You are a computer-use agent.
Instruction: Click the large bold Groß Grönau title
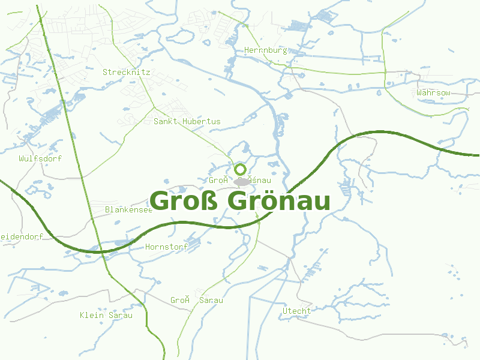point(240,202)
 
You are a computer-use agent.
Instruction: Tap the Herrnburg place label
point(266,51)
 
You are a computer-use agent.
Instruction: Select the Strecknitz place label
point(126,72)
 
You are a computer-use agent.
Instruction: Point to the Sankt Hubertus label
point(187,121)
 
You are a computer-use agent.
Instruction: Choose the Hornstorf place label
point(166,247)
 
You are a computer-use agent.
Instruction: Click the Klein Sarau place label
point(106,315)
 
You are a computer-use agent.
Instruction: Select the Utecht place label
point(297,311)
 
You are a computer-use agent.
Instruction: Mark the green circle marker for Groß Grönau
point(241,169)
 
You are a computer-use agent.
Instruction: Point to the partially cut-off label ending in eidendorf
point(22,236)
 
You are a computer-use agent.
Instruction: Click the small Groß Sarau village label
point(196,300)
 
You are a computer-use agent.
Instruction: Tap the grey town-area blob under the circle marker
point(241,181)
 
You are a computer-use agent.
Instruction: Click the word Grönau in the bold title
point(280,202)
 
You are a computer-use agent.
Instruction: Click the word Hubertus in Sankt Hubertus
point(202,121)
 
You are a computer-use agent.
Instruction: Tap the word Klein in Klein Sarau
point(92,315)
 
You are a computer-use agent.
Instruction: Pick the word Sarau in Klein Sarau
point(120,315)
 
